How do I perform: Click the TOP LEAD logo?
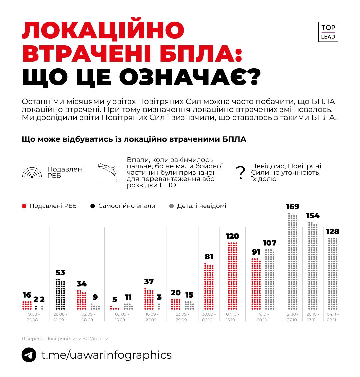point(328,32)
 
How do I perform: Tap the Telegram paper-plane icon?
point(29,355)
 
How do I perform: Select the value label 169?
point(293,207)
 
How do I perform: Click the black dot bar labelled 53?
point(60,294)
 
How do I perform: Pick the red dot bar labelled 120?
point(232,276)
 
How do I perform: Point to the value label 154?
point(313,216)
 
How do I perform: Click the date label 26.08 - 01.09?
point(60,317)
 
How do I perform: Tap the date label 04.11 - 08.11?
point(333,317)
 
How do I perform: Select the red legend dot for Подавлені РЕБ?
point(24,206)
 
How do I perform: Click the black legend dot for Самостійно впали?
point(93,206)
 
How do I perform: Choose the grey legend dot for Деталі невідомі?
point(172,206)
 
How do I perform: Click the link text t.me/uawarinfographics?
point(106,355)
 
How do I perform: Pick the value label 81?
point(209,257)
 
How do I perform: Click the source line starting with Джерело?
point(65,339)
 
